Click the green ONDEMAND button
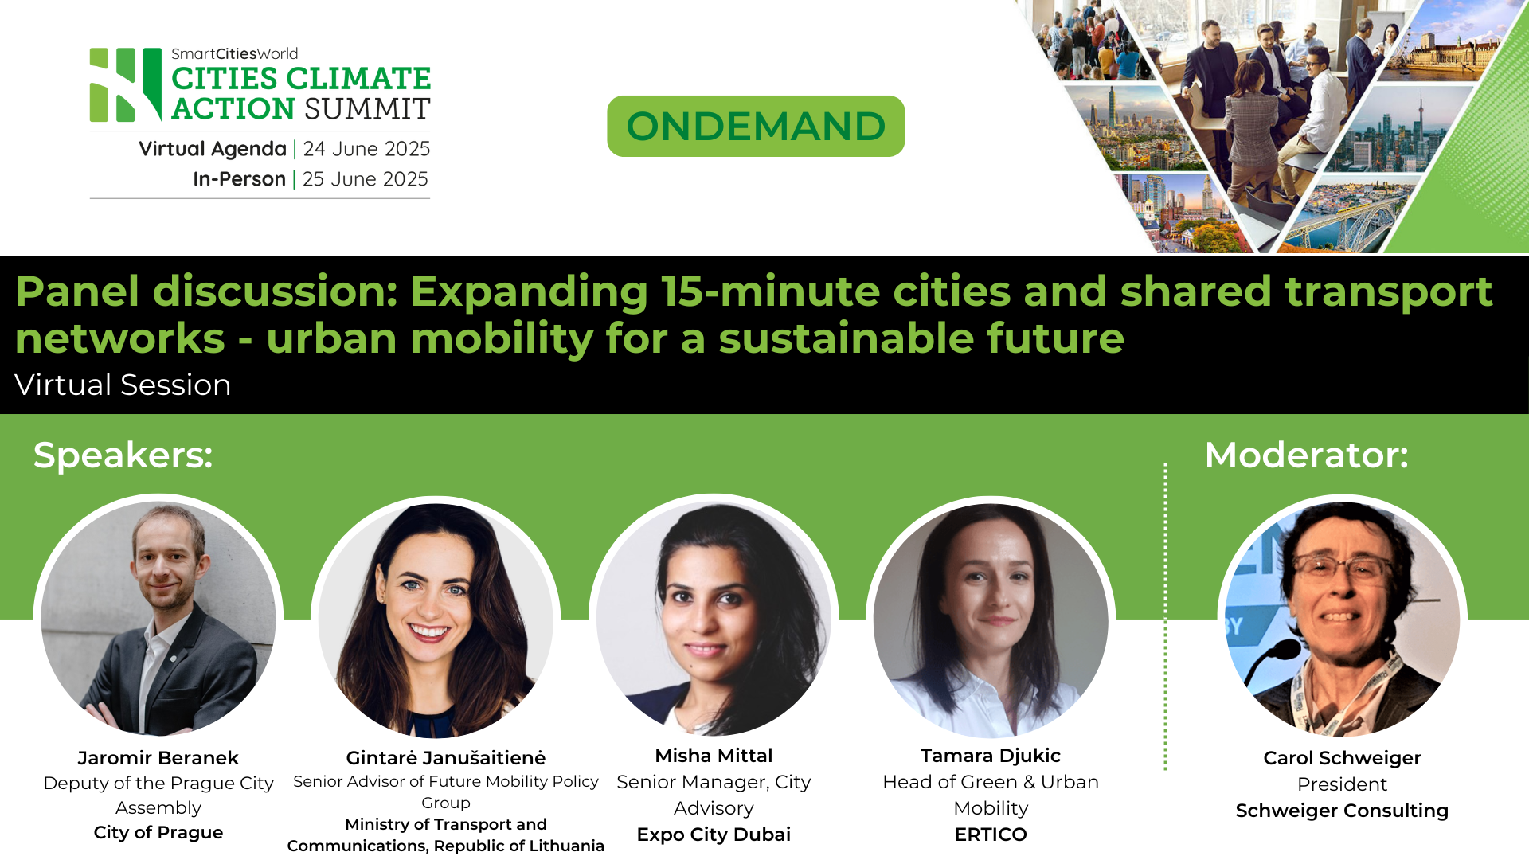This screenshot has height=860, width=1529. (755, 126)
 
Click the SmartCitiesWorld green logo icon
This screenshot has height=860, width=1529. (126, 84)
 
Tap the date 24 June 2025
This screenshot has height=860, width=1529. (366, 149)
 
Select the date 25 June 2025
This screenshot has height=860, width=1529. (365, 179)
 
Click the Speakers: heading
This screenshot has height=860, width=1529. (123, 455)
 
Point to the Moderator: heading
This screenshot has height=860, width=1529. (1306, 455)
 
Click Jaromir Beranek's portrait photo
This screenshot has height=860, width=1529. (158, 617)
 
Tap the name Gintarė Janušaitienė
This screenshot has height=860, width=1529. (445, 758)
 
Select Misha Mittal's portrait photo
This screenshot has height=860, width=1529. (714, 617)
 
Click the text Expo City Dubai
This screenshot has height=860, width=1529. (714, 835)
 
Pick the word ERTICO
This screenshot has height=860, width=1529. (991, 835)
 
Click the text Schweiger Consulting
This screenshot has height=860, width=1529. (1342, 811)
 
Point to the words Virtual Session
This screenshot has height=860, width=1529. (123, 385)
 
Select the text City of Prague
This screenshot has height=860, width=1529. (158, 833)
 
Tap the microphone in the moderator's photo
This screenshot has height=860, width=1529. (1277, 653)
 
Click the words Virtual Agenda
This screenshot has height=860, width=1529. (212, 149)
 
